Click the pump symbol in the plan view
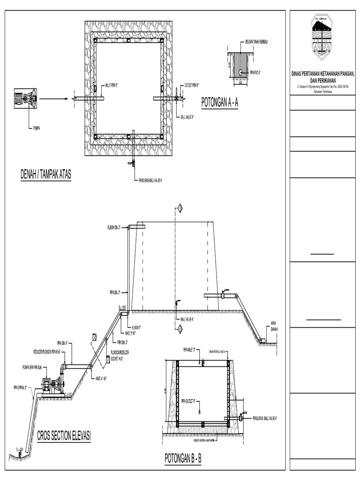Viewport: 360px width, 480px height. (25, 98)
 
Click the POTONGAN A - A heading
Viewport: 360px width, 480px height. (219, 103)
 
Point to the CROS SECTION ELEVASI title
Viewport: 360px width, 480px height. (64, 437)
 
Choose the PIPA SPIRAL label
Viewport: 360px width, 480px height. (20, 387)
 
